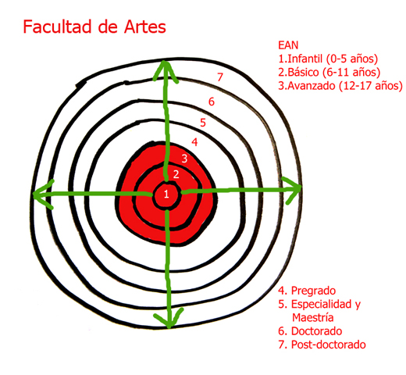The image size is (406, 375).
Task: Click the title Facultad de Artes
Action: (94, 27)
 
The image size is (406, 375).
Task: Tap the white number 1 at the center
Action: (166, 194)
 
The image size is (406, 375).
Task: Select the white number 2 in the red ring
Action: (176, 174)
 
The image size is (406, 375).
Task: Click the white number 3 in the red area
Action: (184, 159)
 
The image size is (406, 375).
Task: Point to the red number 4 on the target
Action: (194, 142)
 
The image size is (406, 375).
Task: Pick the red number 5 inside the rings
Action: (203, 123)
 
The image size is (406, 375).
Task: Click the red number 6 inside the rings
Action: (212, 102)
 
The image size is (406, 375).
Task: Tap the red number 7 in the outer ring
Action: (220, 77)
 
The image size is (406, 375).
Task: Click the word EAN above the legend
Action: (288, 45)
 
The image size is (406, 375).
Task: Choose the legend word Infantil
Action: (305, 59)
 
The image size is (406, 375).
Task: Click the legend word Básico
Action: (303, 72)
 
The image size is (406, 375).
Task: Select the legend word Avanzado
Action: (312, 86)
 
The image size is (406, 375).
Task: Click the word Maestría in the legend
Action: (313, 318)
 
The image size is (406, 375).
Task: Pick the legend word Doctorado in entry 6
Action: (316, 331)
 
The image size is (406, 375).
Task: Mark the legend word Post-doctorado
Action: (329, 345)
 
